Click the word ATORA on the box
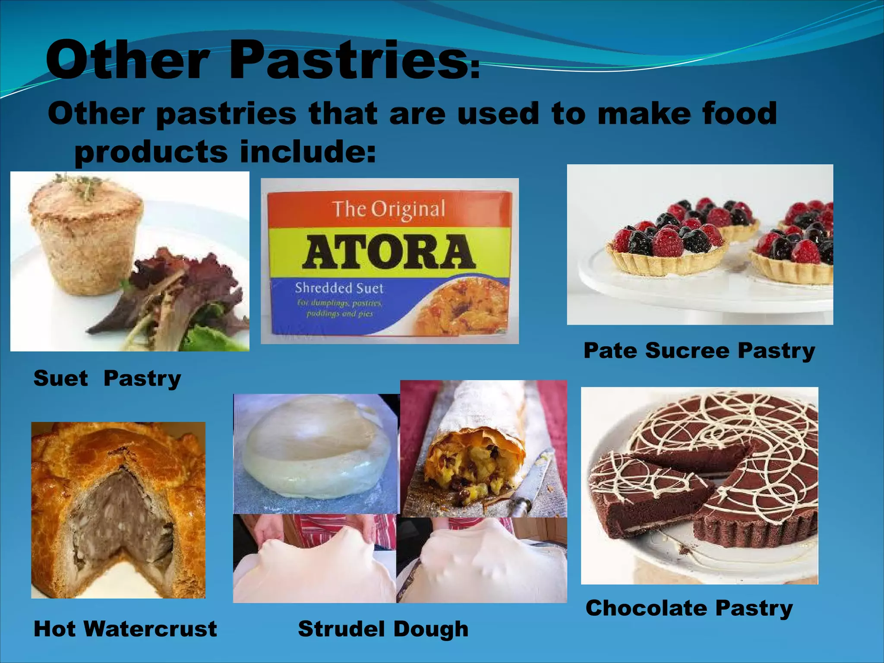pos(388,252)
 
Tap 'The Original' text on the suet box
pos(388,209)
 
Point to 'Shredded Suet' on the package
pos(339,288)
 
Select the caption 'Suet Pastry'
pos(107,378)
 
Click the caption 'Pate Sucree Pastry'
pos(699,350)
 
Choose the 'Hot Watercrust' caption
pos(125,628)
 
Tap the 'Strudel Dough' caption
pos(383,628)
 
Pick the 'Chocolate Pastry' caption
pos(689,608)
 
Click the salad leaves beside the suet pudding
pos(181,294)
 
